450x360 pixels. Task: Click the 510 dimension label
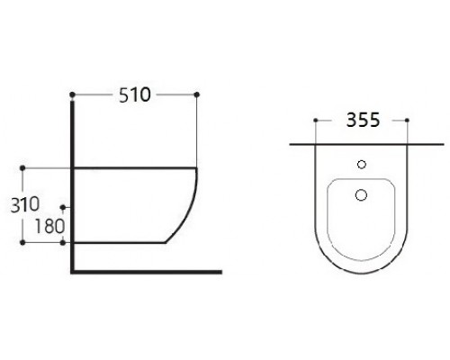coord(133,93)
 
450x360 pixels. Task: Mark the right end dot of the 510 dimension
coord(196,94)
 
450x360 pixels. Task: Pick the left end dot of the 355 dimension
coord(316,120)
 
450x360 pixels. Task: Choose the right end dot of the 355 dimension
coord(407,120)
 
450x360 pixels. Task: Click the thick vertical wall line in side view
coord(71,180)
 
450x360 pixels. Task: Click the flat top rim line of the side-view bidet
coord(135,167)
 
